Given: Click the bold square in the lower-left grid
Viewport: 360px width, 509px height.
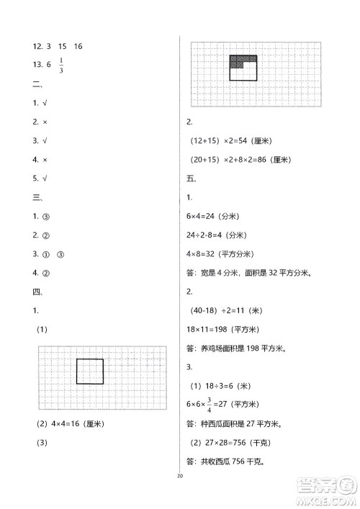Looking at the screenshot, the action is [90, 371].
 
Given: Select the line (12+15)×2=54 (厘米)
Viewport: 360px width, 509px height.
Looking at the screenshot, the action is [235, 141].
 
